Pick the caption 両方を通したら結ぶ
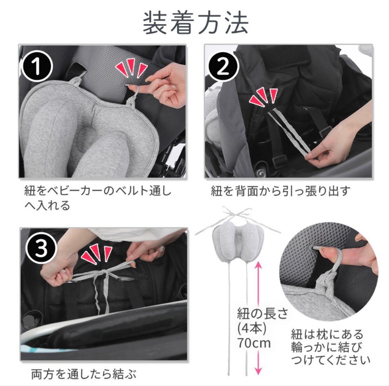pos(84,374)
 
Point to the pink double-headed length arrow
pos(258,317)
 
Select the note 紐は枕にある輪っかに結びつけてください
pos(330,346)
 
